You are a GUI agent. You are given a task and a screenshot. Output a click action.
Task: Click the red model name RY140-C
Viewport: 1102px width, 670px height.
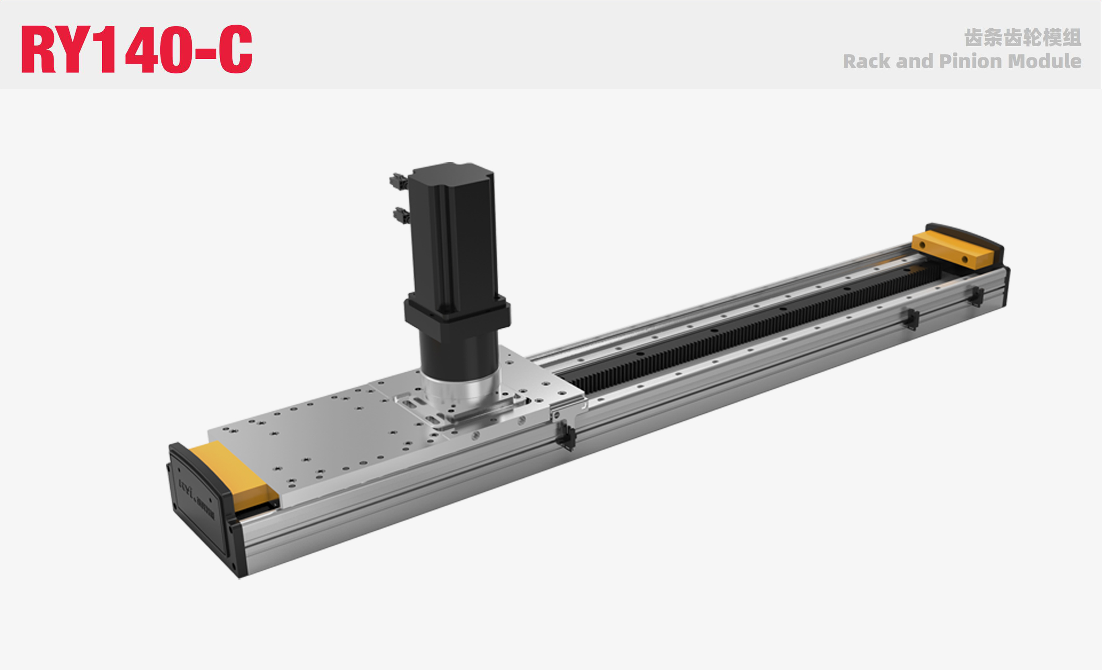click(136, 49)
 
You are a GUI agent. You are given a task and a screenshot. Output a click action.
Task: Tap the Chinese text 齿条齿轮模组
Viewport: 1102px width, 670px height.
click(1022, 37)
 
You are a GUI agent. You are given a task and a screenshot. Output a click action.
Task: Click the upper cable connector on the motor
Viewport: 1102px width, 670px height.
click(398, 181)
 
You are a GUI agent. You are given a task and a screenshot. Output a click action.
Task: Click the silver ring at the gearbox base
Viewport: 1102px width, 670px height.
click(461, 389)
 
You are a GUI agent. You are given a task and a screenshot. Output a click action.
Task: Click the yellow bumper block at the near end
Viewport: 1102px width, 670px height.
click(233, 474)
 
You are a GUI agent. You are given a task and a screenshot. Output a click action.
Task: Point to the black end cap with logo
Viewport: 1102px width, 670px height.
click(199, 501)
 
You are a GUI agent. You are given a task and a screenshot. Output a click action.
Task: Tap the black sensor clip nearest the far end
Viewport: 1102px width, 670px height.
click(977, 297)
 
